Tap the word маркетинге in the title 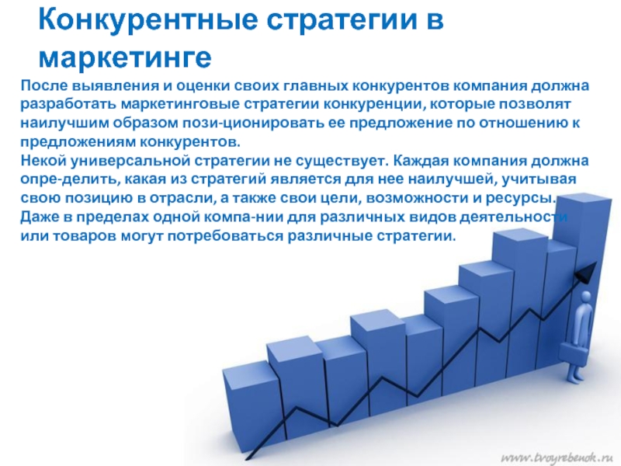[125, 57]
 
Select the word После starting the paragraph [43, 85]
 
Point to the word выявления [115, 86]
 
